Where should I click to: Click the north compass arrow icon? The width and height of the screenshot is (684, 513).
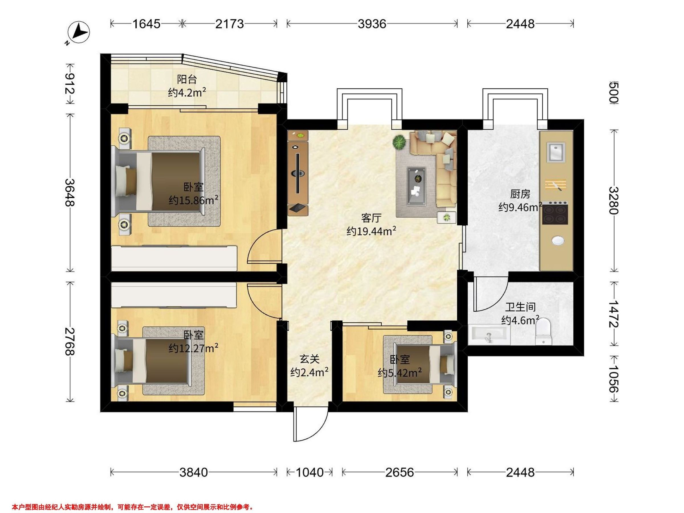[79, 32]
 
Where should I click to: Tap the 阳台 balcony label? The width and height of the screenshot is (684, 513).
[187, 80]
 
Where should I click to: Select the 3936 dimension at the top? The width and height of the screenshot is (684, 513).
[372, 24]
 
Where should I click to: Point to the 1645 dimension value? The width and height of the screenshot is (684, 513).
[146, 24]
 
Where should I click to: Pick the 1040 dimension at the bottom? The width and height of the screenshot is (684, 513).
[310, 472]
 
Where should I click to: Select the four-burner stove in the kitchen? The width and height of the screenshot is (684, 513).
[555, 213]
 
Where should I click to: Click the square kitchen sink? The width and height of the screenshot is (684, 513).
[556, 152]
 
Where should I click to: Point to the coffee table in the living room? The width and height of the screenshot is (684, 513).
[416, 186]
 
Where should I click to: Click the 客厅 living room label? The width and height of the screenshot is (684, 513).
[371, 218]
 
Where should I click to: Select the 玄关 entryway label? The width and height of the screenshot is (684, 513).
[309, 359]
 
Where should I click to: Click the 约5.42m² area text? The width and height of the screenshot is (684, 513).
[400, 373]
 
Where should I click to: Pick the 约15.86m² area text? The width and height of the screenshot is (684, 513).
[194, 200]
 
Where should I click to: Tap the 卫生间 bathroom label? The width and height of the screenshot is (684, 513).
[520, 307]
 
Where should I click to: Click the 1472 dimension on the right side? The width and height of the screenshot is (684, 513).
[613, 314]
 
